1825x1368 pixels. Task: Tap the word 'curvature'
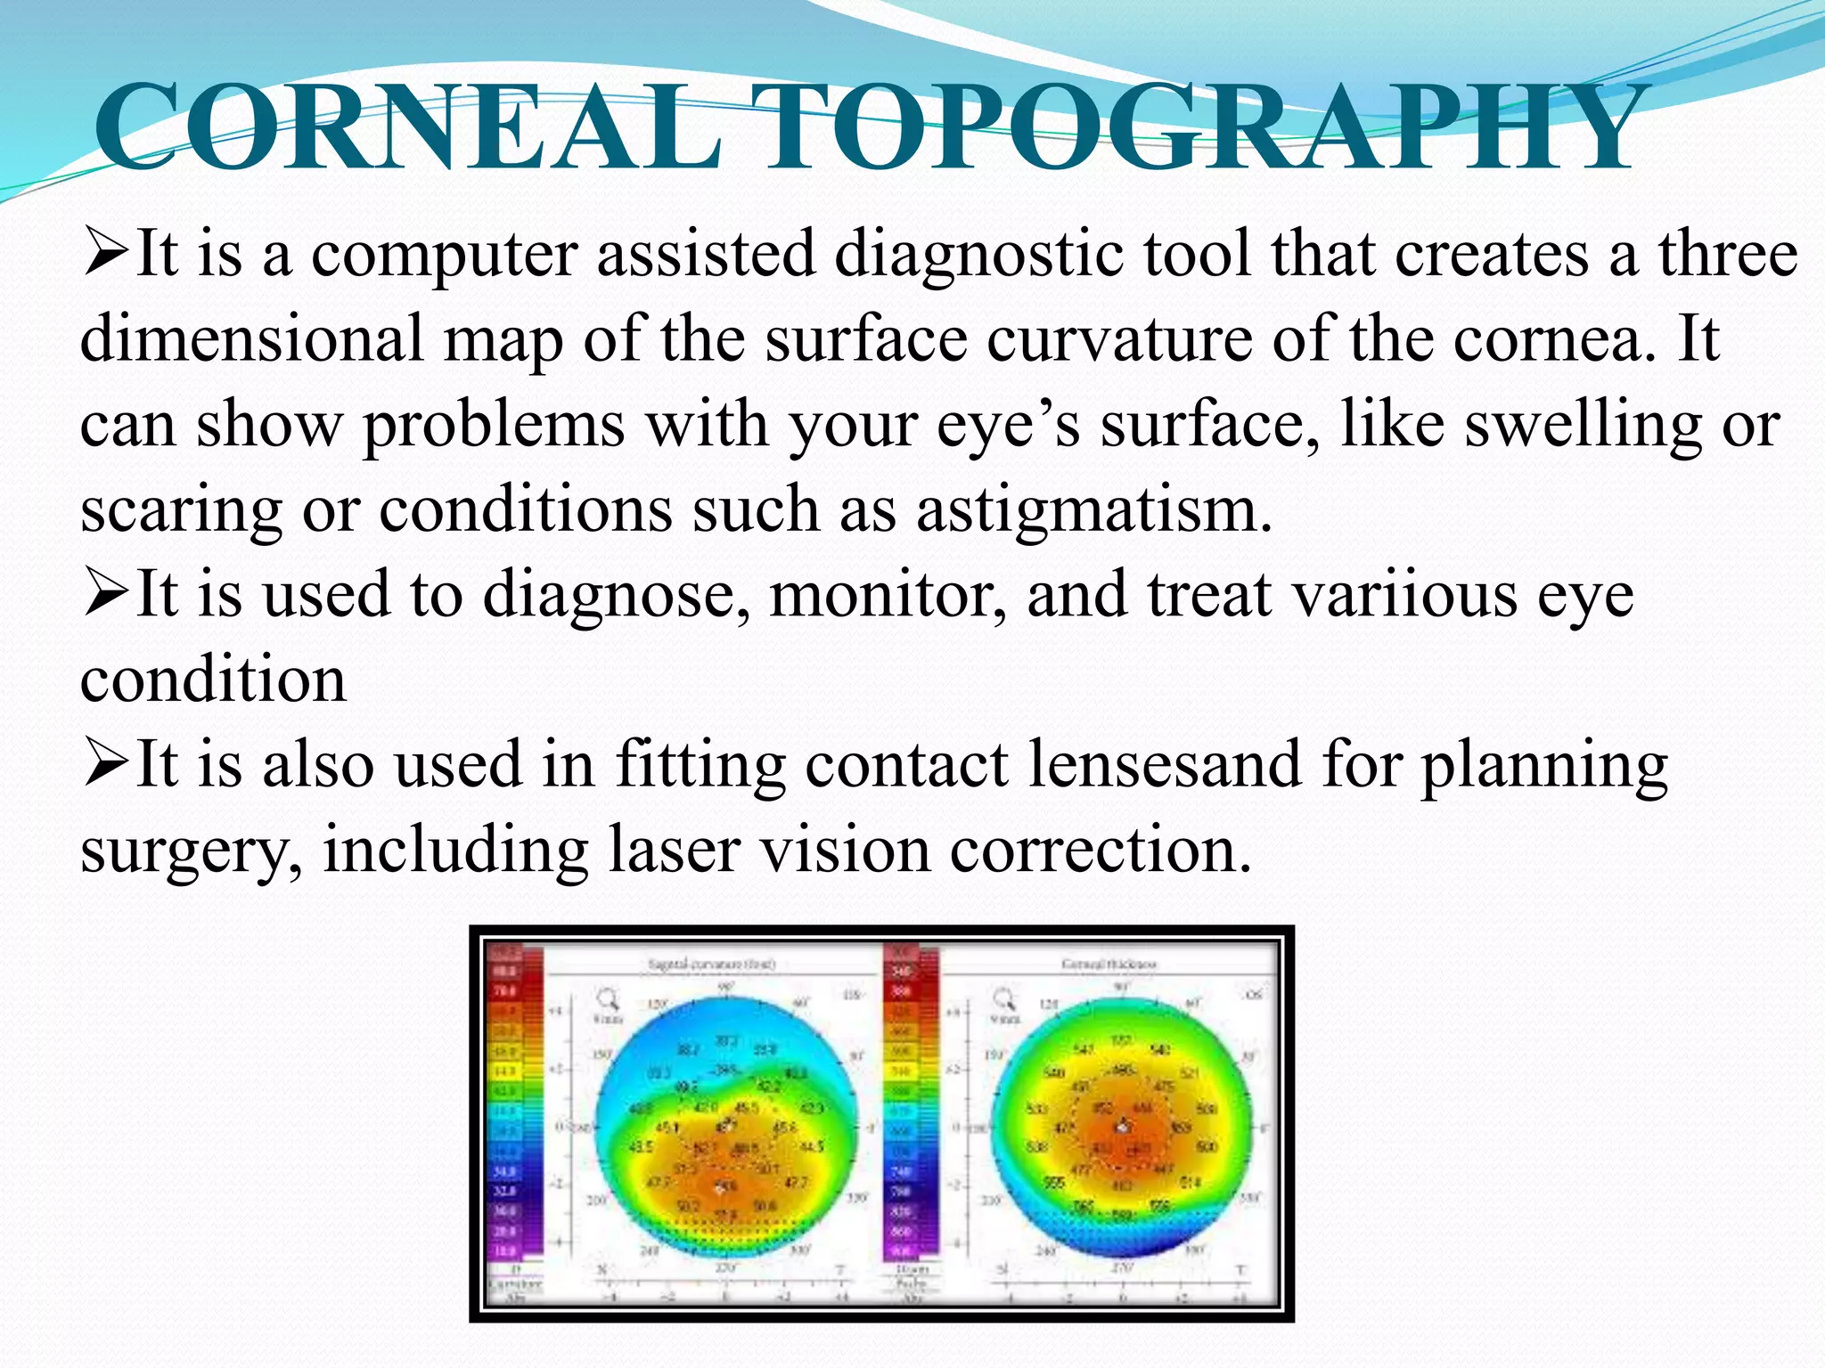1118,339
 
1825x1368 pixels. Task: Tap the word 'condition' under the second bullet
213,680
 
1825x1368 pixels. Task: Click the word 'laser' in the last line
674,850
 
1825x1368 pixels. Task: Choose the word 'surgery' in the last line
191,850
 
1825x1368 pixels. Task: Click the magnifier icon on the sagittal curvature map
609,997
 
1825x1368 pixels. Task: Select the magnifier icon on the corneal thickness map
1004,997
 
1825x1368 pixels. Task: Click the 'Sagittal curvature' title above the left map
711,965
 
